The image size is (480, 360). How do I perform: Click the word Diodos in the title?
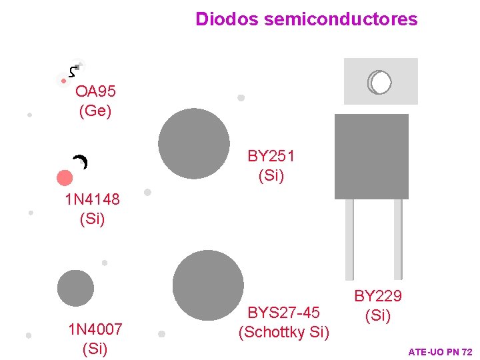click(227, 19)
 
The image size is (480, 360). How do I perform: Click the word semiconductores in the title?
click(341, 19)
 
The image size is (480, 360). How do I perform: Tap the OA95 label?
click(95, 91)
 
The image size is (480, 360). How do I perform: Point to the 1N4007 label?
click(95, 329)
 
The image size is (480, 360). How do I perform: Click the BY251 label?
click(271, 157)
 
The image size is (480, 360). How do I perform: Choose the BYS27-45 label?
click(284, 313)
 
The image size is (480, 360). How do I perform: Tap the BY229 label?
click(377, 295)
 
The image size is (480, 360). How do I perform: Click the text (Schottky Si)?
click(284, 332)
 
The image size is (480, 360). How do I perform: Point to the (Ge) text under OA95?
click(95, 111)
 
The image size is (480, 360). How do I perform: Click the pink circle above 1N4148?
click(65, 177)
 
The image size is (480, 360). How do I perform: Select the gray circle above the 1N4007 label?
click(75, 288)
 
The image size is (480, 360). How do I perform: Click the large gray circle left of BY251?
click(193, 143)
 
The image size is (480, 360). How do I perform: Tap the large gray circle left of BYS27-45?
click(208, 285)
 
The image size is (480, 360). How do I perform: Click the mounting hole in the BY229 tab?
click(381, 82)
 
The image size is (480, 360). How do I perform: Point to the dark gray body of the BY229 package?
click(371, 157)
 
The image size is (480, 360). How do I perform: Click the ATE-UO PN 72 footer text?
click(439, 351)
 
